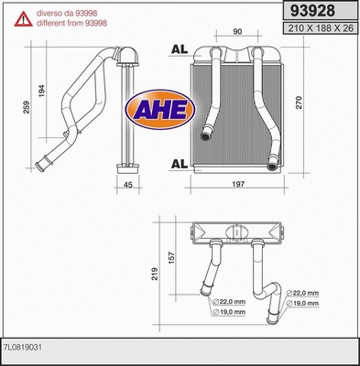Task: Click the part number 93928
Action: click(311, 11)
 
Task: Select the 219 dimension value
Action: click(157, 272)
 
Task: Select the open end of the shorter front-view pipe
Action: click(206, 136)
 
